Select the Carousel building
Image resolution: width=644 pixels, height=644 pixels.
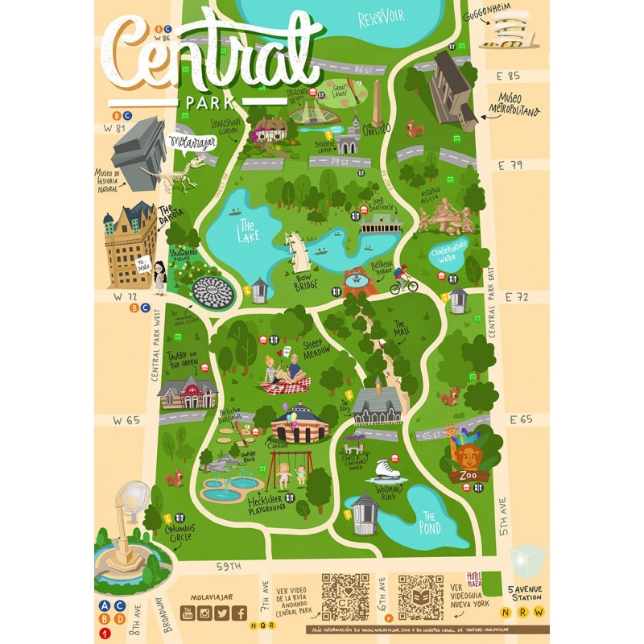(299, 423)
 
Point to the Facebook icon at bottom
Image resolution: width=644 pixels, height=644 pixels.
(239, 613)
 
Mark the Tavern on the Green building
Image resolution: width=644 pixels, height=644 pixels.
(188, 392)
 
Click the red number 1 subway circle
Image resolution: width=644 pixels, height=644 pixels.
(104, 633)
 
